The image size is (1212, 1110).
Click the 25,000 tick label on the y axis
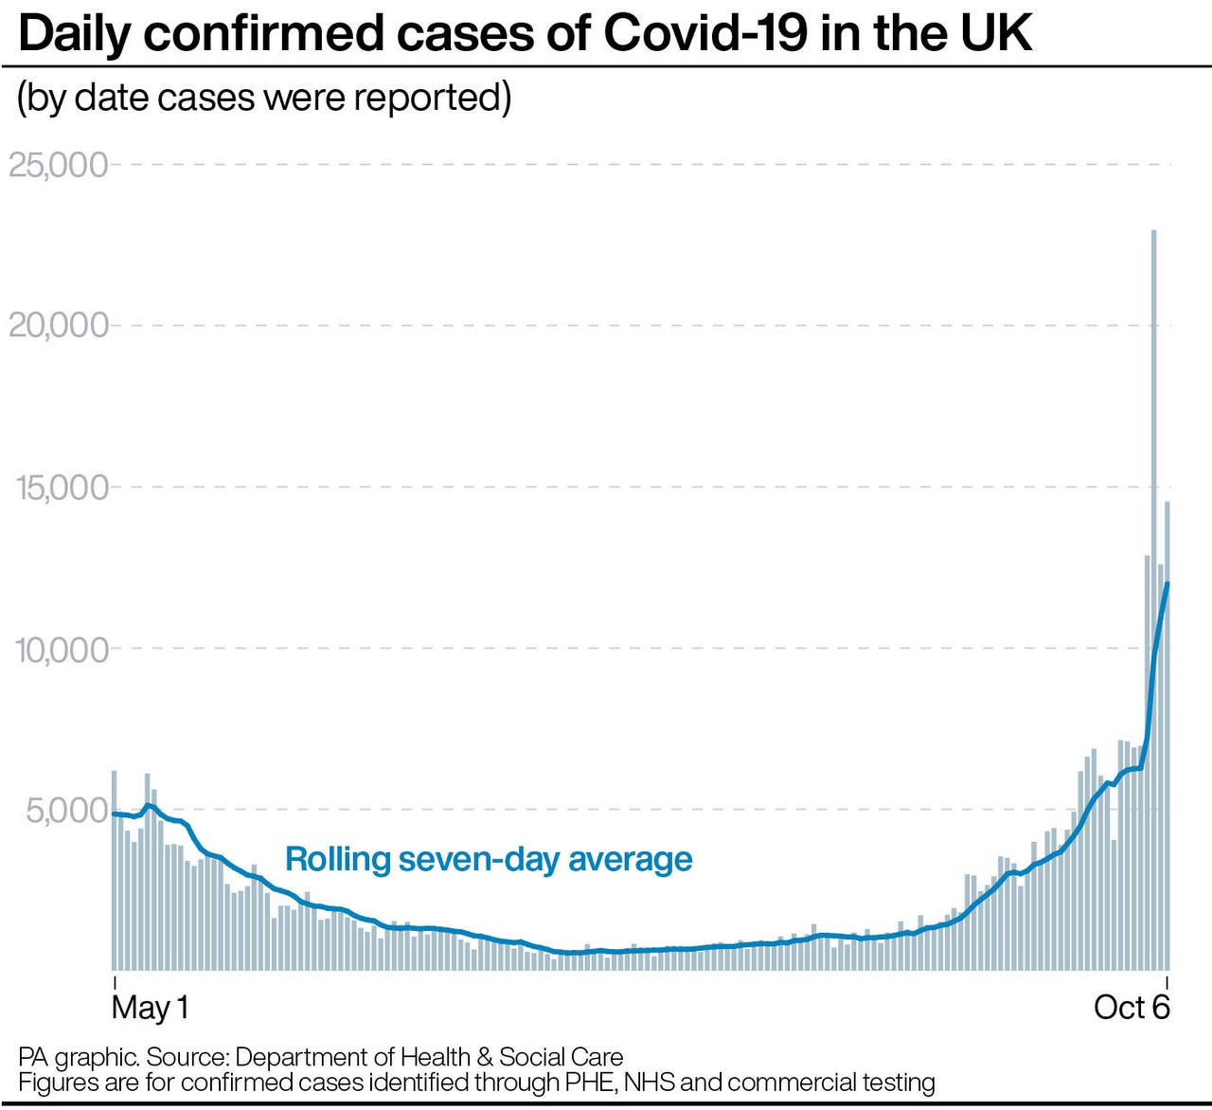pyautogui.click(x=58, y=165)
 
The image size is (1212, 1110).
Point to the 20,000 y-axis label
pyautogui.click(x=58, y=326)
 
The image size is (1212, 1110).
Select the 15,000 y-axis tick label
pyautogui.click(x=62, y=488)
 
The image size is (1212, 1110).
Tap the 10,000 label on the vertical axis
pyautogui.click(x=62, y=650)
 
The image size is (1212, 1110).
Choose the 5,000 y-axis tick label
pyautogui.click(x=66, y=811)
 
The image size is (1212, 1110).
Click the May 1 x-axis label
pyautogui.click(x=150, y=1007)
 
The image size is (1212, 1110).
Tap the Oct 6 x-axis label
pyautogui.click(x=1132, y=1007)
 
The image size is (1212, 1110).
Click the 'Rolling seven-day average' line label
pyautogui.click(x=489, y=859)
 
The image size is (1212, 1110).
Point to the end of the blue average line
pyautogui.click(x=1167, y=583)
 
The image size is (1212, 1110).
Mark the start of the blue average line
pyautogui.click(x=114, y=814)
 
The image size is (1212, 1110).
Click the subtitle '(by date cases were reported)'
pyautogui.click(x=264, y=98)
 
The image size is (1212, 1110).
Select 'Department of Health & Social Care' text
pyautogui.click(x=429, y=1057)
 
